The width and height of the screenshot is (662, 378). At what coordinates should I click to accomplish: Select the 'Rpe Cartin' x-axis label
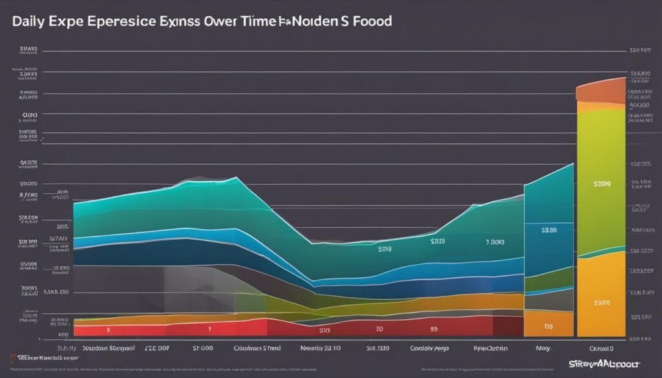point(482,346)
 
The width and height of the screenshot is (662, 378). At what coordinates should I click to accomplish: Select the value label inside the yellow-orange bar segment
point(601,302)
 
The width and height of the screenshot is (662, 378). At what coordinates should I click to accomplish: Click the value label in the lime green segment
point(601,184)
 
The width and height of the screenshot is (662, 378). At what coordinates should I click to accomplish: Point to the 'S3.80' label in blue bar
point(550,229)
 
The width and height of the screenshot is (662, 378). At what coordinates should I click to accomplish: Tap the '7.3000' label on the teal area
point(495,242)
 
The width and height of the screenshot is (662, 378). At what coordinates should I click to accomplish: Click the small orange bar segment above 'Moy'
point(548,323)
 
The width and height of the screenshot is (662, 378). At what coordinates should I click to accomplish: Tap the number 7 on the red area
point(210,328)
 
